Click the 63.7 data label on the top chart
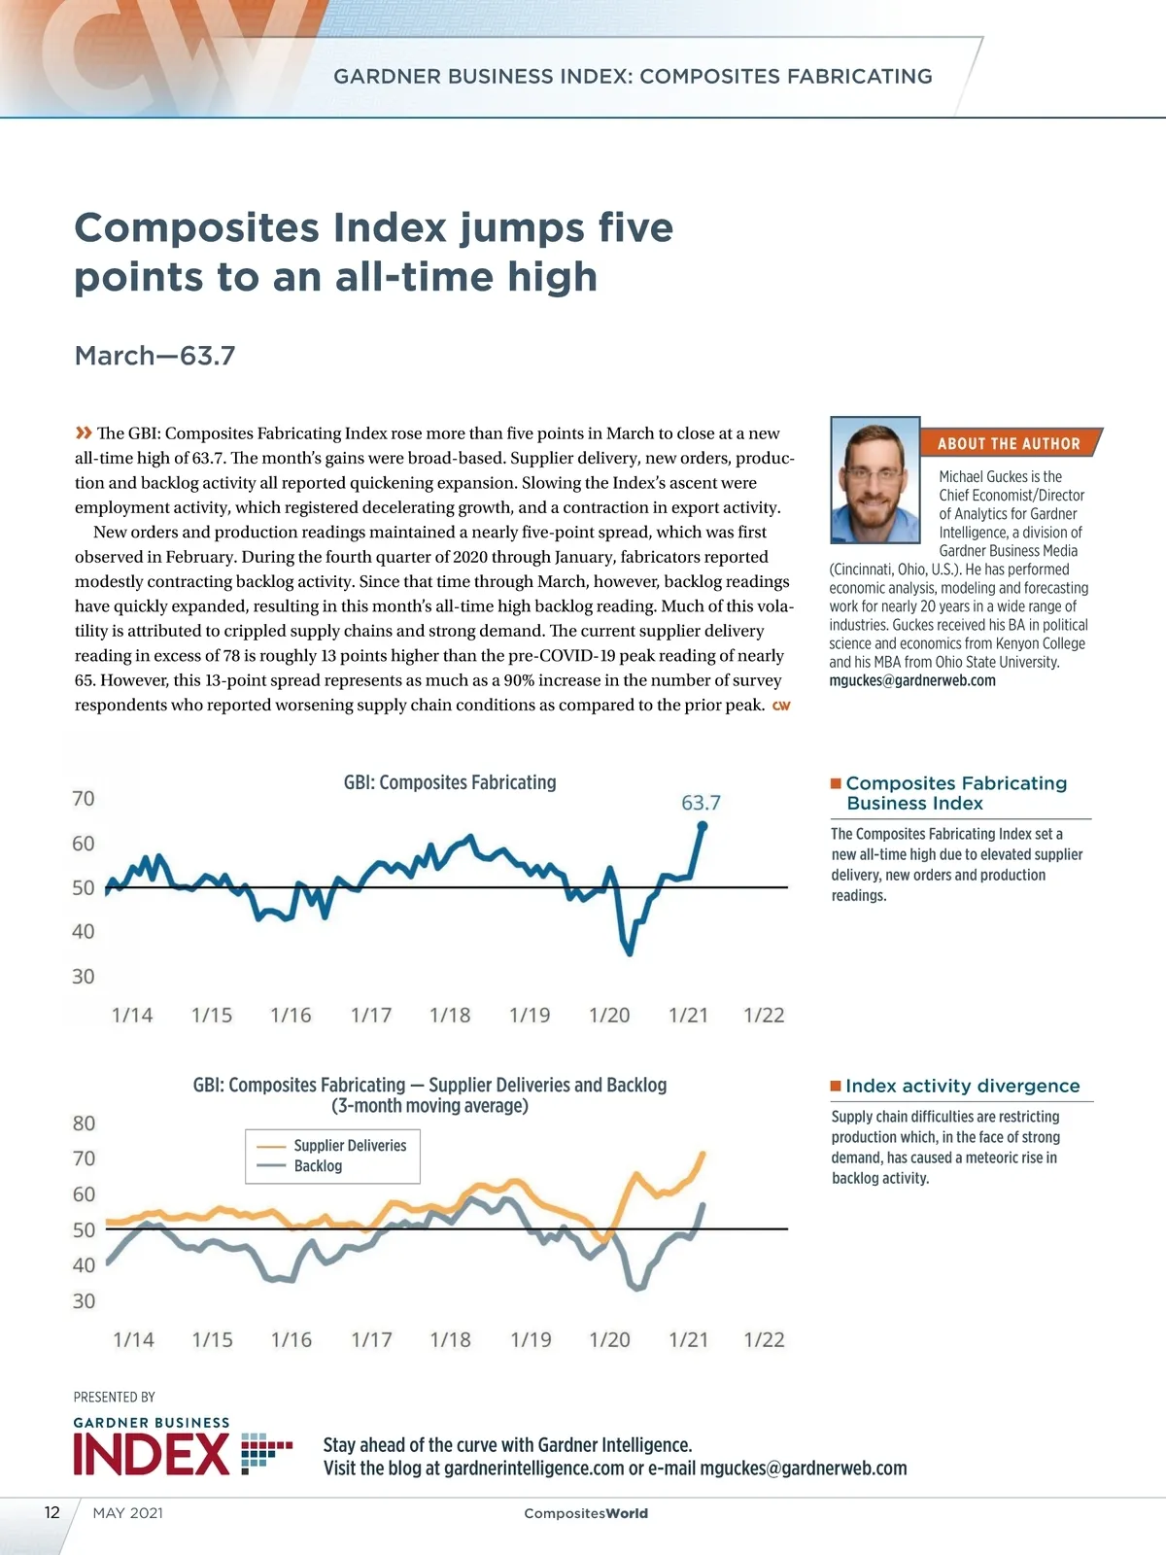click(x=701, y=803)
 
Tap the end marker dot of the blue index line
click(x=703, y=826)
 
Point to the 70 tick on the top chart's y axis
click(x=84, y=799)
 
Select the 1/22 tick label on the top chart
click(x=764, y=1016)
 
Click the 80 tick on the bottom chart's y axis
click(x=85, y=1123)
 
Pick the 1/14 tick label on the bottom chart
click(x=133, y=1340)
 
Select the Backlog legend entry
click(x=318, y=1166)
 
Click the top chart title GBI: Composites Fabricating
click(x=450, y=782)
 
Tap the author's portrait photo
click(x=874, y=480)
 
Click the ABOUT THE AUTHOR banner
click(x=1009, y=443)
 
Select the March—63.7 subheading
click(x=155, y=356)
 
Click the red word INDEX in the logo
click(x=152, y=1455)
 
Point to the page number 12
click(x=52, y=1512)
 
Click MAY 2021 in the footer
click(x=128, y=1513)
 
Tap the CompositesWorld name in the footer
click(x=586, y=1513)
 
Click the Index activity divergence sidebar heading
click(x=962, y=1086)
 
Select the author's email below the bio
click(x=912, y=680)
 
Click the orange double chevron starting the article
click(x=84, y=432)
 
